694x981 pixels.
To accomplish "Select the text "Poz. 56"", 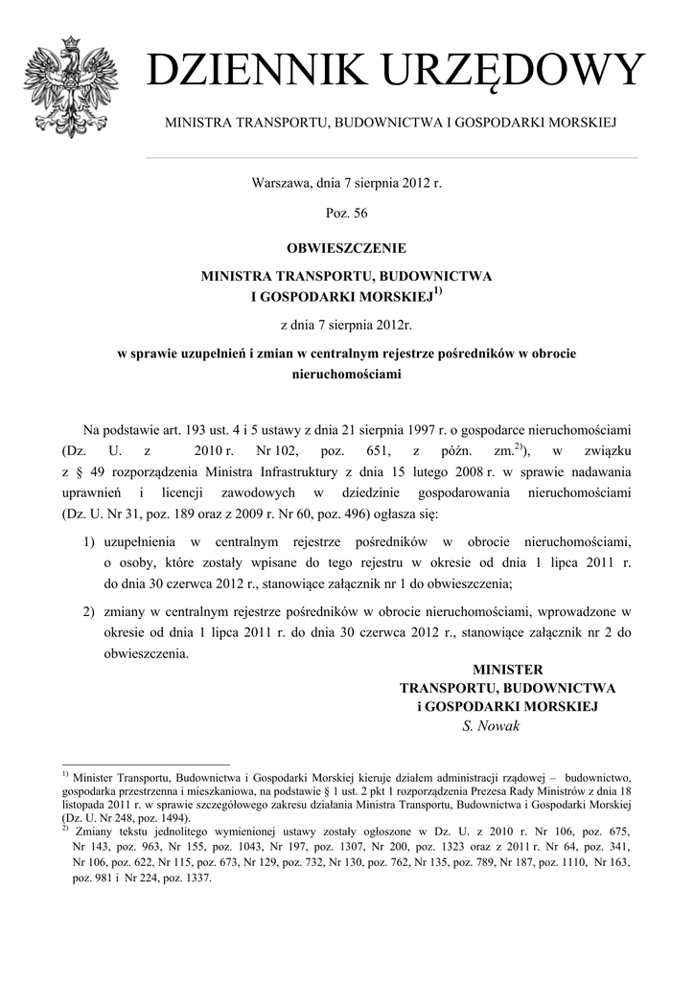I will (346, 214).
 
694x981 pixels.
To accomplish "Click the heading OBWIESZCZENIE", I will (346, 247).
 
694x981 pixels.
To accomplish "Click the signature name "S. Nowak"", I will (490, 725).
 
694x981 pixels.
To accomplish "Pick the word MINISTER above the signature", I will (508, 669).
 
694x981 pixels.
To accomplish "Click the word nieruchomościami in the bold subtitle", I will (346, 375).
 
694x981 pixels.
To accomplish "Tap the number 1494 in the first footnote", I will (173, 819).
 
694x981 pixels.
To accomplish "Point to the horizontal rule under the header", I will (391, 157).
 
